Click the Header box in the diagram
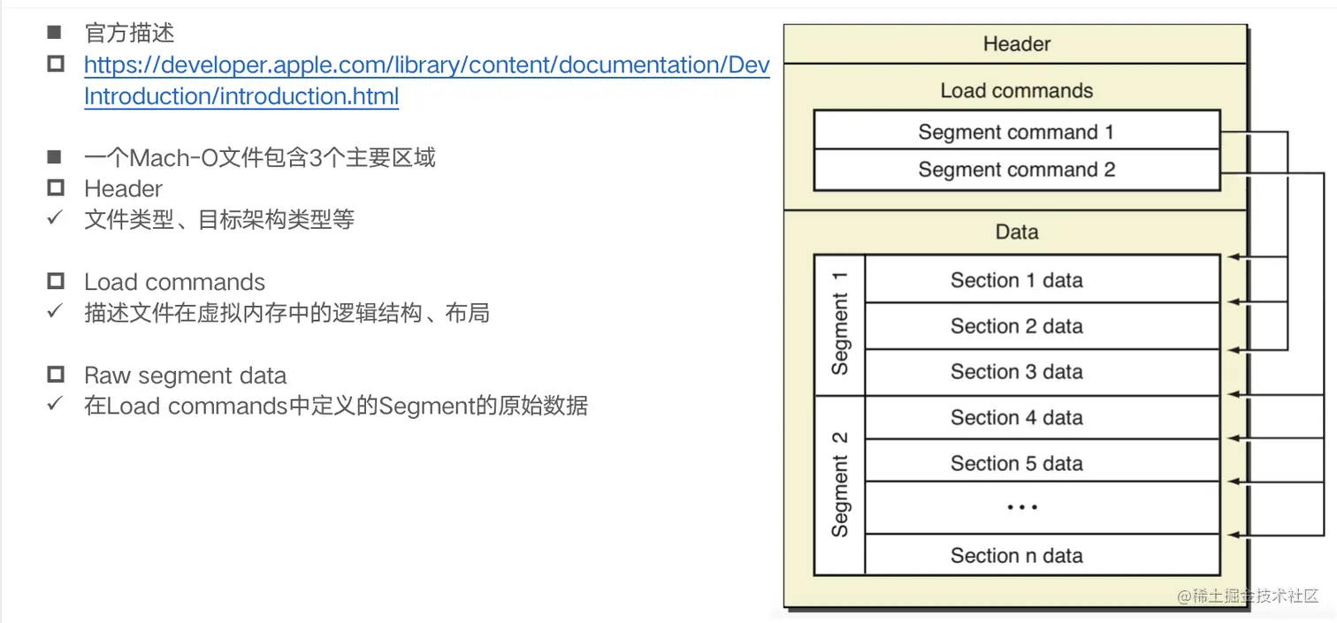click(1016, 44)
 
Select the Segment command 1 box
click(1016, 133)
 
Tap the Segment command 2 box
click(1016, 170)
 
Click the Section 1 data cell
click(1016, 280)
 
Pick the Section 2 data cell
click(1016, 326)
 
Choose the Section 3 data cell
click(1016, 372)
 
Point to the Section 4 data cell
click(1016, 417)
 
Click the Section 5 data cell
click(1016, 463)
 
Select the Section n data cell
click(1016, 556)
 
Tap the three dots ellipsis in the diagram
click(1021, 508)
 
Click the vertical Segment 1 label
click(839, 323)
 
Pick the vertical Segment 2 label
click(839, 484)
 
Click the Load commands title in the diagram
click(1016, 90)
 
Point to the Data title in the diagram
click(1016, 232)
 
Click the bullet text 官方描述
click(129, 34)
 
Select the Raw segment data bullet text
click(185, 376)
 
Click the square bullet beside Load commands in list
click(56, 282)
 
